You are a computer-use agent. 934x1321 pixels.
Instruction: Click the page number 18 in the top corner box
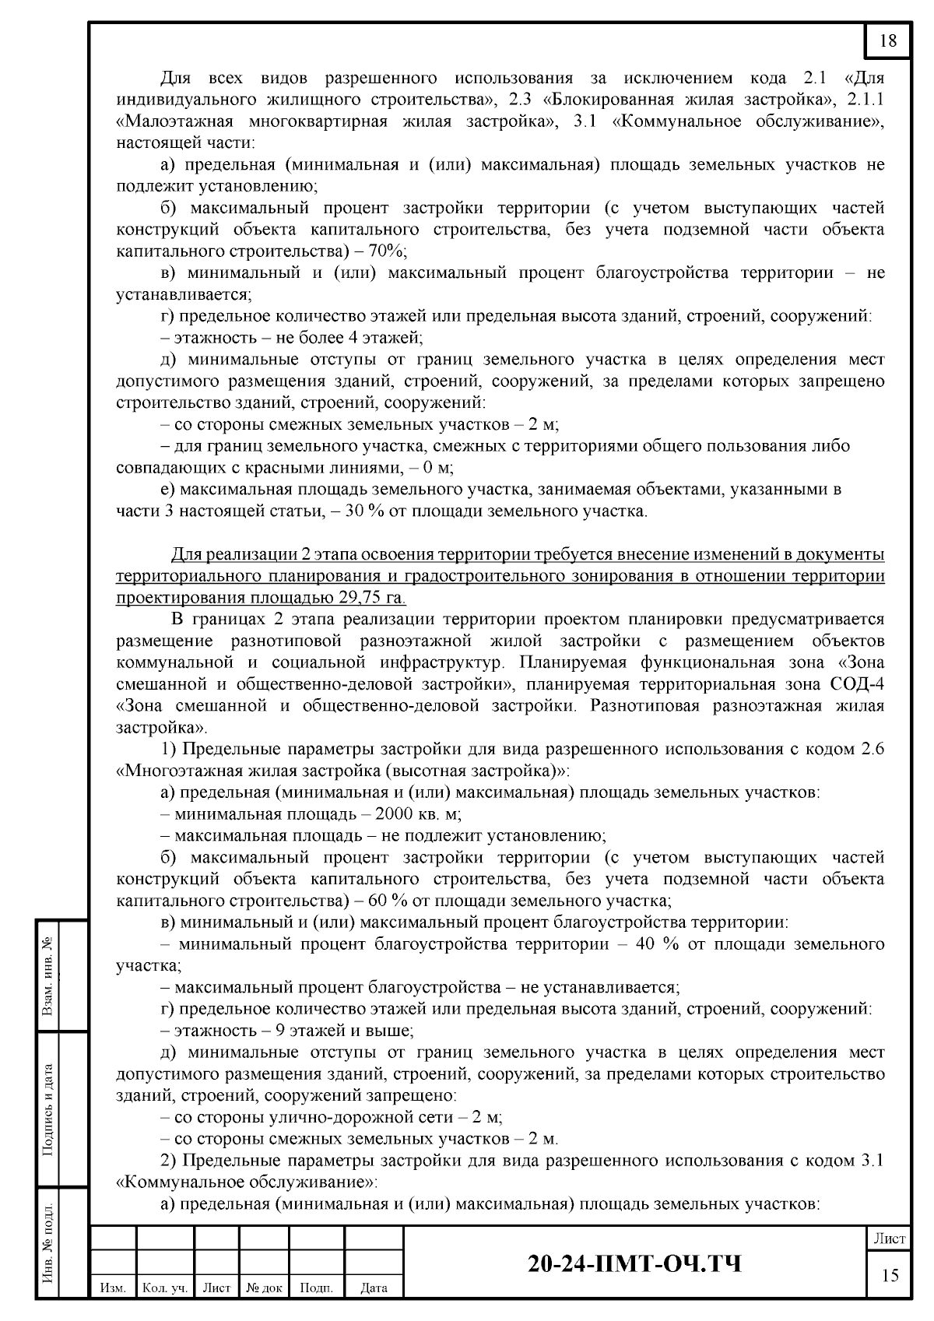(x=887, y=41)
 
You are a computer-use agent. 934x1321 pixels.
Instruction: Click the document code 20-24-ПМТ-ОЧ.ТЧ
(x=634, y=1263)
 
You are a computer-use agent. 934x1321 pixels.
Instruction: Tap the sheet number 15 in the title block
(x=889, y=1274)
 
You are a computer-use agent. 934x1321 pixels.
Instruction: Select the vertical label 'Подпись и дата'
(x=48, y=1109)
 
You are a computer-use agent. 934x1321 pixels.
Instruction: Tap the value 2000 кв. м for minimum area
(x=417, y=814)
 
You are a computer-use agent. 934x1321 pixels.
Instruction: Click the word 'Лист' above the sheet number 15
(x=889, y=1238)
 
